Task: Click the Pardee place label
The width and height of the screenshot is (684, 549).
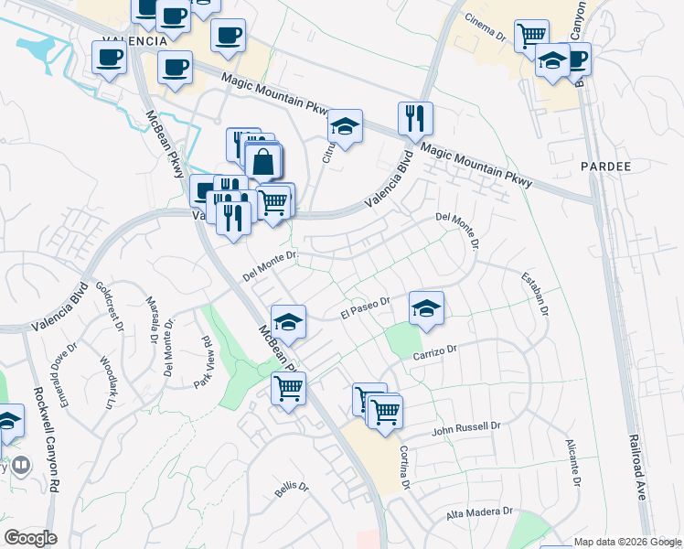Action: coord(605,167)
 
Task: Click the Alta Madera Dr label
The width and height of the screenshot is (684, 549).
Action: coord(479,514)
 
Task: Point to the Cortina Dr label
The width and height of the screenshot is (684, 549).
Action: coord(403,467)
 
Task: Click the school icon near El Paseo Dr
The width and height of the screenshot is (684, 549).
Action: coord(426,309)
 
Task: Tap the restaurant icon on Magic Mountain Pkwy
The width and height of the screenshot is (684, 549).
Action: coord(415,119)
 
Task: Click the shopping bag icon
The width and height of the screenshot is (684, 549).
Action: coord(263,162)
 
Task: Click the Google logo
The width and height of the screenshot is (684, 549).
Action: coord(30,538)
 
